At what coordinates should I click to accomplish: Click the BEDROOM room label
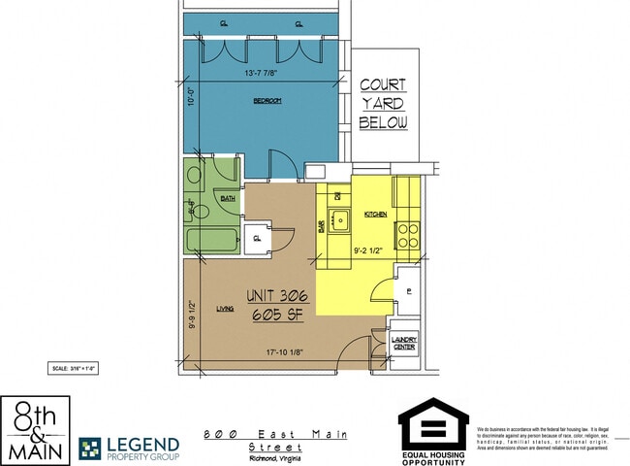click(x=268, y=101)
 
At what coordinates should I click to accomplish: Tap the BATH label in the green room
click(x=228, y=198)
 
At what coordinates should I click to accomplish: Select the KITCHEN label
click(x=376, y=214)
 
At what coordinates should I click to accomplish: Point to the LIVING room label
click(x=225, y=309)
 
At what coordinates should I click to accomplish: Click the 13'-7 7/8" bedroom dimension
click(x=268, y=71)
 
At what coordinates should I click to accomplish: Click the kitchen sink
click(x=339, y=222)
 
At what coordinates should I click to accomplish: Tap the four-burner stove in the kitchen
click(x=406, y=235)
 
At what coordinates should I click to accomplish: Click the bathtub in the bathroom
click(x=212, y=239)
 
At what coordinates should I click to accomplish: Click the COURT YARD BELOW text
click(x=383, y=104)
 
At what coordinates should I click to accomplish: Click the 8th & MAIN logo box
click(x=34, y=430)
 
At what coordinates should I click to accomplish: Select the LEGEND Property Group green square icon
click(x=90, y=448)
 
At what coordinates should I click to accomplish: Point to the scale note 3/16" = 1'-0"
click(x=74, y=368)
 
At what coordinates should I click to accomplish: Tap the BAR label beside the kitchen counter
click(x=321, y=226)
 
